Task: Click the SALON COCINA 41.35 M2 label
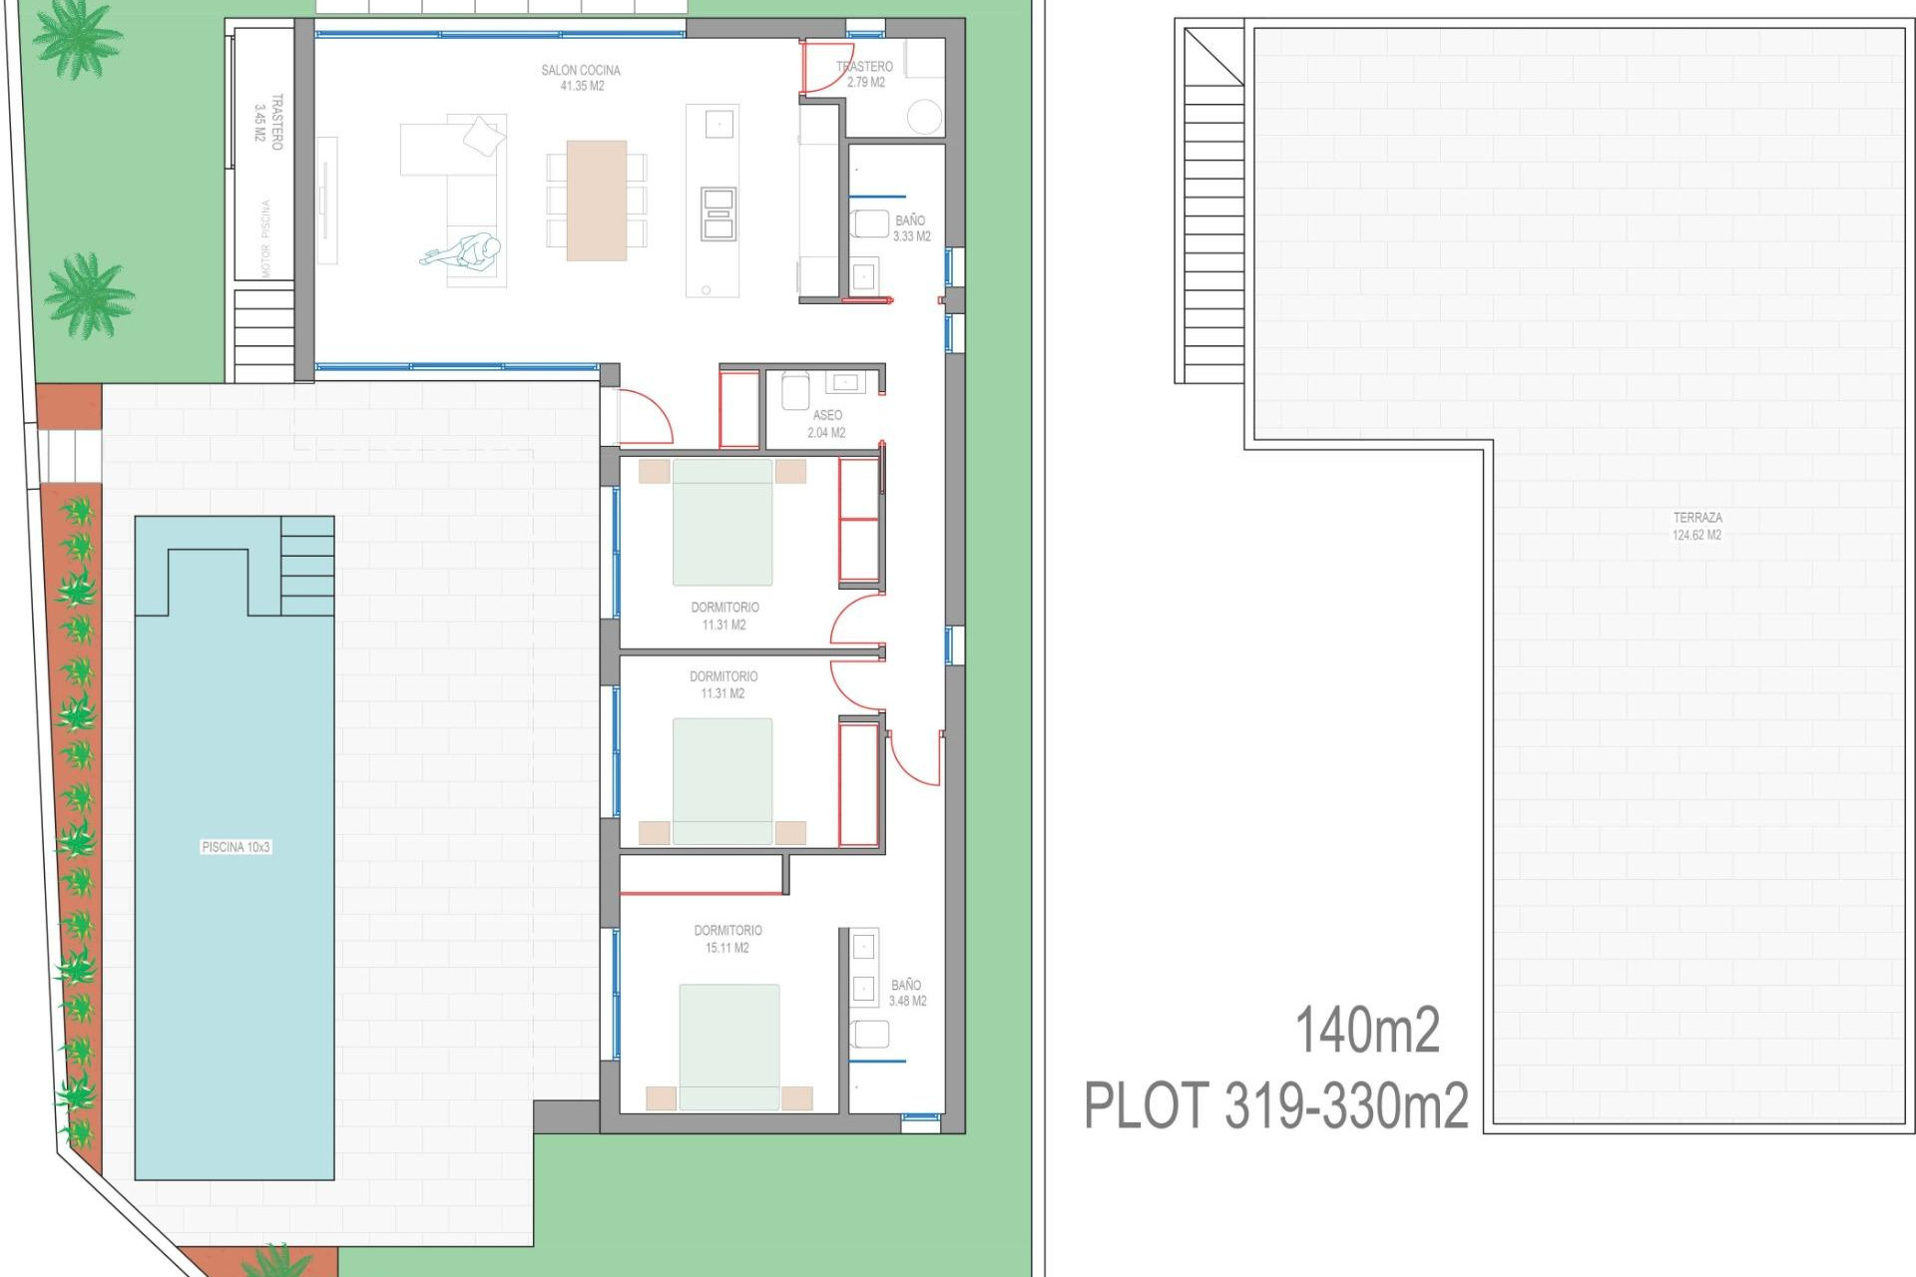tap(581, 78)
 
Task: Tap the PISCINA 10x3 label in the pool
tap(236, 847)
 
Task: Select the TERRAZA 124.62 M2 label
tap(1696, 526)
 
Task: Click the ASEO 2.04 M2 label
tap(826, 423)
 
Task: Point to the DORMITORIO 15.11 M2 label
tap(727, 939)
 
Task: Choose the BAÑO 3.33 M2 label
tap(910, 227)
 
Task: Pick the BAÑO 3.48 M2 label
tap(906, 993)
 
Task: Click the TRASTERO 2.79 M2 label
tap(865, 74)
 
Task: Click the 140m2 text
tap(1367, 1031)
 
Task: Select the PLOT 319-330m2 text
tap(1276, 1105)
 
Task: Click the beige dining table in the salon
tap(596, 200)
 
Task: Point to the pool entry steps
tap(307, 566)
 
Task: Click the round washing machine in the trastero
tap(924, 117)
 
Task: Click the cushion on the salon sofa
tap(484, 136)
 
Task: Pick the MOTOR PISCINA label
tap(265, 238)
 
